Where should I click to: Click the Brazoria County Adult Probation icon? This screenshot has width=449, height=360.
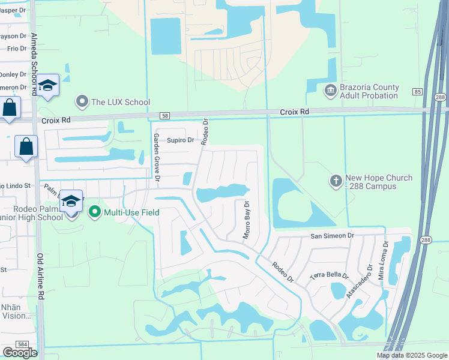pyautogui.click(x=330, y=91)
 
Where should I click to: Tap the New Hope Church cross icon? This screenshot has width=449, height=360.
pyautogui.click(x=336, y=180)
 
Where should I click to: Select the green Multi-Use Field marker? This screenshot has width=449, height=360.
pyautogui.click(x=94, y=212)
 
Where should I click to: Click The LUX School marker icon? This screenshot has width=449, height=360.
pyautogui.click(x=82, y=102)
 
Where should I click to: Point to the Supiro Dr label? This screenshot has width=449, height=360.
pyautogui.click(x=180, y=140)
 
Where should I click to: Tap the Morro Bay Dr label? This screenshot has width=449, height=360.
pyautogui.click(x=246, y=220)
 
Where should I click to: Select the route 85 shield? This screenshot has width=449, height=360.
pyautogui.click(x=417, y=92)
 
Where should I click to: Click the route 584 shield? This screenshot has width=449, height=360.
pyautogui.click(x=23, y=344)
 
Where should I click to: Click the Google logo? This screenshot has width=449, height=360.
pyautogui.click(x=20, y=353)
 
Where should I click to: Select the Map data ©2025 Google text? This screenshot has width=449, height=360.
pyautogui.click(x=412, y=355)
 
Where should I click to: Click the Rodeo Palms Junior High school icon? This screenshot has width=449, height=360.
pyautogui.click(x=71, y=202)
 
